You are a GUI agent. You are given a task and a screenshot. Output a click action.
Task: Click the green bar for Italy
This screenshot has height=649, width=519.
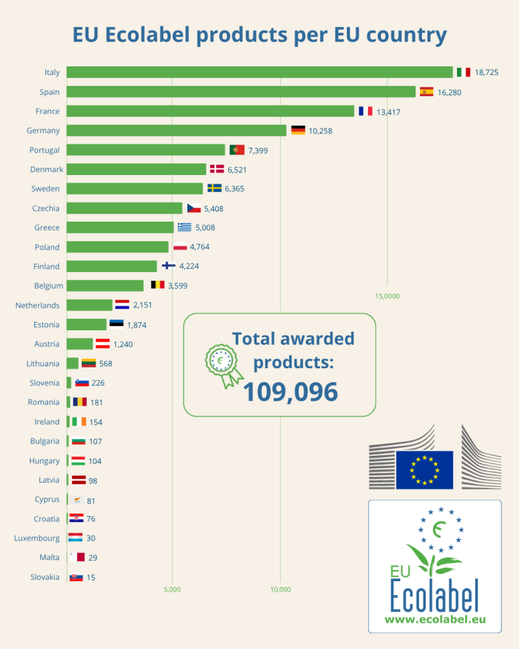tap(259, 72)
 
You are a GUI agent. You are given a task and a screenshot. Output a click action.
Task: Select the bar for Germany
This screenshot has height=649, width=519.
tap(176, 131)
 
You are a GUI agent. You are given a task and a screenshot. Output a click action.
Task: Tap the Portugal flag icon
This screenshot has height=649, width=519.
tap(237, 149)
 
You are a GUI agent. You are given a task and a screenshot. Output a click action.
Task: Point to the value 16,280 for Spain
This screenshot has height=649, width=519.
tap(449, 93)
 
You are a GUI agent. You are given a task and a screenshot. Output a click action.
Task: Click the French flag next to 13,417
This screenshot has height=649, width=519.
tap(365, 111)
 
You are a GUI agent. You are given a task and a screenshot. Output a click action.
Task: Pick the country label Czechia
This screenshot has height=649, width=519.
tap(46, 209)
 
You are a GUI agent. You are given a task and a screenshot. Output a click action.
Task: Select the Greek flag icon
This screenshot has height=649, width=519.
tap(184, 227)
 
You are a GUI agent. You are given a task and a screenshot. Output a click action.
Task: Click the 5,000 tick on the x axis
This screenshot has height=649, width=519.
tap(172, 589)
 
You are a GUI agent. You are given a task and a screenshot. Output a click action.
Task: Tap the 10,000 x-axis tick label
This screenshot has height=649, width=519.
tap(281, 589)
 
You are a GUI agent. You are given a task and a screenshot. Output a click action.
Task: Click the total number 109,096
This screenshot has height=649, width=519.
tap(290, 392)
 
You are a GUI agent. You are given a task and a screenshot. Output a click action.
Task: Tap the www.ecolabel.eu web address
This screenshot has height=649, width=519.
tap(434, 620)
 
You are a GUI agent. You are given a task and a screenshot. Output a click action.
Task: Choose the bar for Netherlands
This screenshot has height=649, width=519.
tap(90, 306)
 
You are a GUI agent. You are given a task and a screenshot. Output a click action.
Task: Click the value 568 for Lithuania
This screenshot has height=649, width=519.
tap(106, 363)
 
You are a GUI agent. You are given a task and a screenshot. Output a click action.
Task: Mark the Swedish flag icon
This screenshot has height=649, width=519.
tap(214, 188)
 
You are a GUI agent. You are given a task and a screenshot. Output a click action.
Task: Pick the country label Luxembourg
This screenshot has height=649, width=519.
tap(36, 538)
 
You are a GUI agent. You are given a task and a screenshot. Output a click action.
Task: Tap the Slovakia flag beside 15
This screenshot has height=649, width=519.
tap(75, 577)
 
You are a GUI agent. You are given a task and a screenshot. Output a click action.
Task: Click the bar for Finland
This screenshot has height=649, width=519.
tap(112, 266)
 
